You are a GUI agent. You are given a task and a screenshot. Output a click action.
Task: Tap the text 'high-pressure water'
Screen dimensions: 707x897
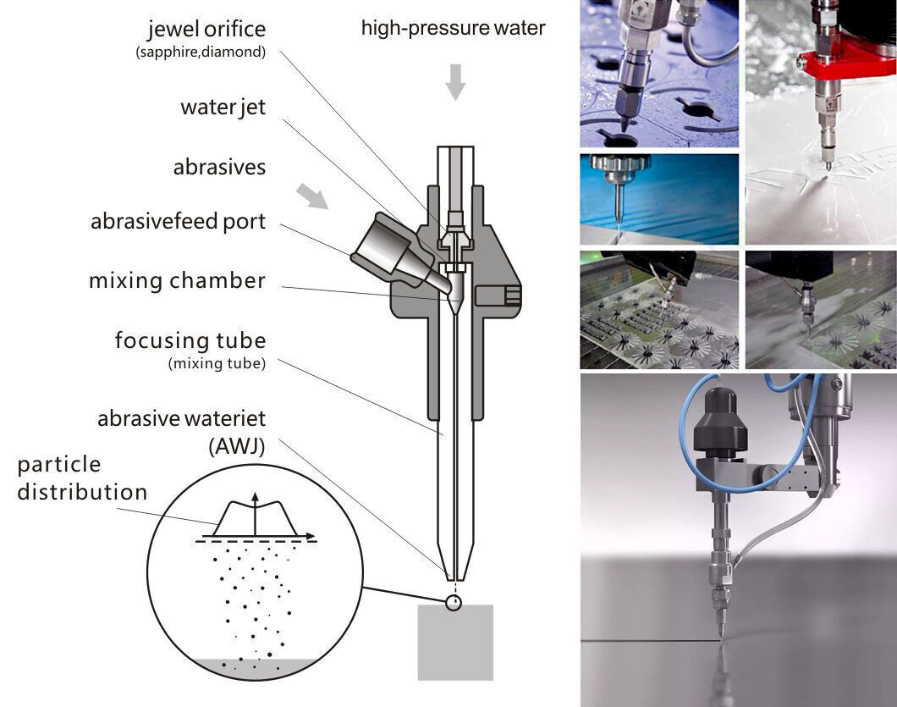point(453,28)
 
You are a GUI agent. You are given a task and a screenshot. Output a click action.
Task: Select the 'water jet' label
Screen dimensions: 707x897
point(223,108)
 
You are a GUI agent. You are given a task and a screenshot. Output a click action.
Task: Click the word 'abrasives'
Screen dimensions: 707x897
point(219,168)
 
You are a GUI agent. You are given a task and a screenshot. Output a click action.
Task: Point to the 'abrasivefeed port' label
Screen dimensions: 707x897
point(178,222)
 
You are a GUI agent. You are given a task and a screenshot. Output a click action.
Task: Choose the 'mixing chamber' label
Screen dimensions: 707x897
point(177,281)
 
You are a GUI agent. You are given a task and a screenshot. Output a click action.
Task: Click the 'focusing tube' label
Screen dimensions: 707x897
point(190,341)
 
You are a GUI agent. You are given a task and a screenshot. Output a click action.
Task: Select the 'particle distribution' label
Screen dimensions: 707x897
point(81,478)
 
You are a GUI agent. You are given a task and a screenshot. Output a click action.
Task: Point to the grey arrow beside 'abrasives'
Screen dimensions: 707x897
point(312,196)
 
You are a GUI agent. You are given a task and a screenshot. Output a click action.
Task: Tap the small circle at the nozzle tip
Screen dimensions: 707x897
point(454,603)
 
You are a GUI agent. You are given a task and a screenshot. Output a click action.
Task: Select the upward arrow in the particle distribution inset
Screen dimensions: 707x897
point(255,512)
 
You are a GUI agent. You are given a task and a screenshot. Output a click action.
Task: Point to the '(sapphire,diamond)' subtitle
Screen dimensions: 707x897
point(201,52)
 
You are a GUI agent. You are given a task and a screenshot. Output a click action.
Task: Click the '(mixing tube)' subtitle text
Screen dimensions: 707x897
point(217,364)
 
